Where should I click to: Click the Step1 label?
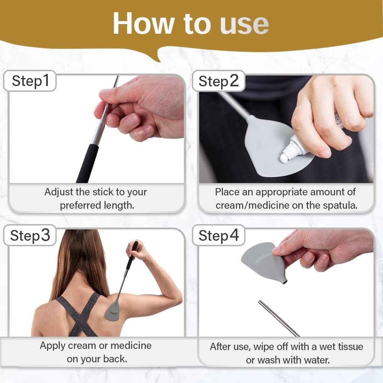point(31,81)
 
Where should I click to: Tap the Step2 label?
point(219,81)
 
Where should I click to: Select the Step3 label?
point(30,236)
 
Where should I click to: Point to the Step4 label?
point(219,236)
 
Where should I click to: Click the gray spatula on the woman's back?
point(114,310)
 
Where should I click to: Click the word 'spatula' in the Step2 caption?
point(338,205)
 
